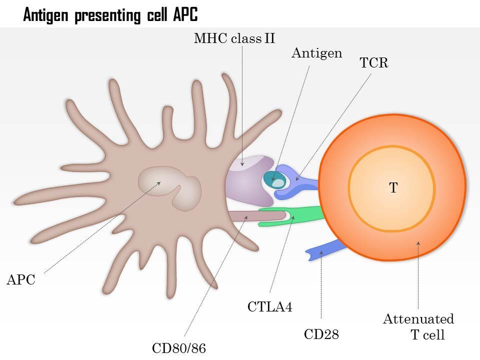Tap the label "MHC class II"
tap(234, 38)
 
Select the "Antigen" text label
tap(316, 53)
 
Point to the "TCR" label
tap(374, 63)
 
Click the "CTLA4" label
tap(269, 306)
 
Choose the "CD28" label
tap(321, 334)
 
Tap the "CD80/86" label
tap(179, 347)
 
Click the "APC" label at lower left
tap(20, 280)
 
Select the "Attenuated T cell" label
tap(419, 326)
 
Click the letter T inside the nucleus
tap(393, 188)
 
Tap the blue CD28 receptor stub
tap(325, 249)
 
